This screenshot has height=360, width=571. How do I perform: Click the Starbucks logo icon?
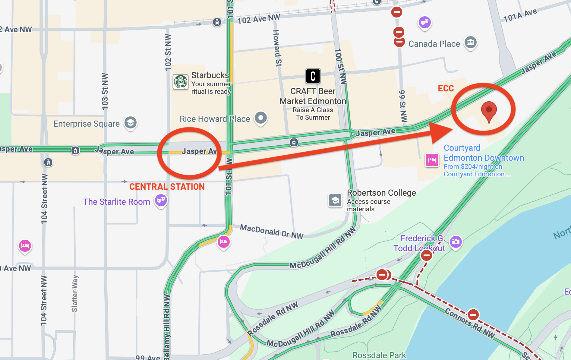pos(181,82)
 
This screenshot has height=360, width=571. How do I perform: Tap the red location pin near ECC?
pos(489,110)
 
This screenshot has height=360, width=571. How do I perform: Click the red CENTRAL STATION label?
pos(167,187)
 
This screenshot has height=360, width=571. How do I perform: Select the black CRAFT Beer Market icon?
pos(313,76)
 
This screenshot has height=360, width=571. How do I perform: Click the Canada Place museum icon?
pos(470,43)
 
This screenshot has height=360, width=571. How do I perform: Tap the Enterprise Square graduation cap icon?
pos(131,123)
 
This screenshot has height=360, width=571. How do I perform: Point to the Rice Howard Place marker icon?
pos(261,118)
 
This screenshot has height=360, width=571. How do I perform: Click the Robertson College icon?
pos(335,200)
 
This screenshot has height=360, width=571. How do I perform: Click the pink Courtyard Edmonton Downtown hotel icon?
pos(432,160)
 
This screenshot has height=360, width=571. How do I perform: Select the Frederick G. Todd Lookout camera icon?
pos(456,242)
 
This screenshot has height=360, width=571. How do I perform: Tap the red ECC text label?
pos(446,88)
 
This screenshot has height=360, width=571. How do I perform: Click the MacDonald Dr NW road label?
pos(272,232)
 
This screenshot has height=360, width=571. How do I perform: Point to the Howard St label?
pos(277,48)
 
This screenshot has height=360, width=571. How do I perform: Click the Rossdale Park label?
pos(379,355)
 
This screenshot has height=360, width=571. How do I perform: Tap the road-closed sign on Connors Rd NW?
pos(473,315)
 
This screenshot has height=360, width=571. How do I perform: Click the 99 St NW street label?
pos(403,106)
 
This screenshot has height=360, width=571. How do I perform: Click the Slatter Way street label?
pos(75,293)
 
